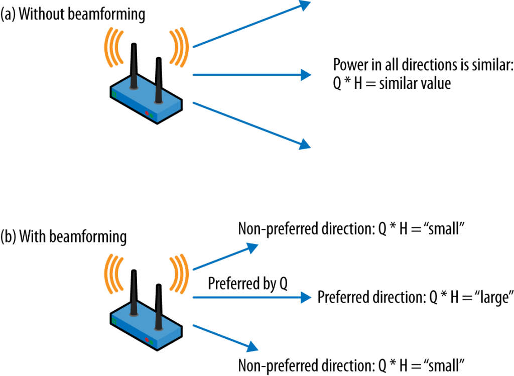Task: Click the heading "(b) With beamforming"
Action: point(64,236)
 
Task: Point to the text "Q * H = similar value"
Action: point(392,83)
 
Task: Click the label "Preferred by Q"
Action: point(247,285)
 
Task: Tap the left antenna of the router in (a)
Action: point(134,65)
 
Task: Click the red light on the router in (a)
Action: point(147,113)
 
